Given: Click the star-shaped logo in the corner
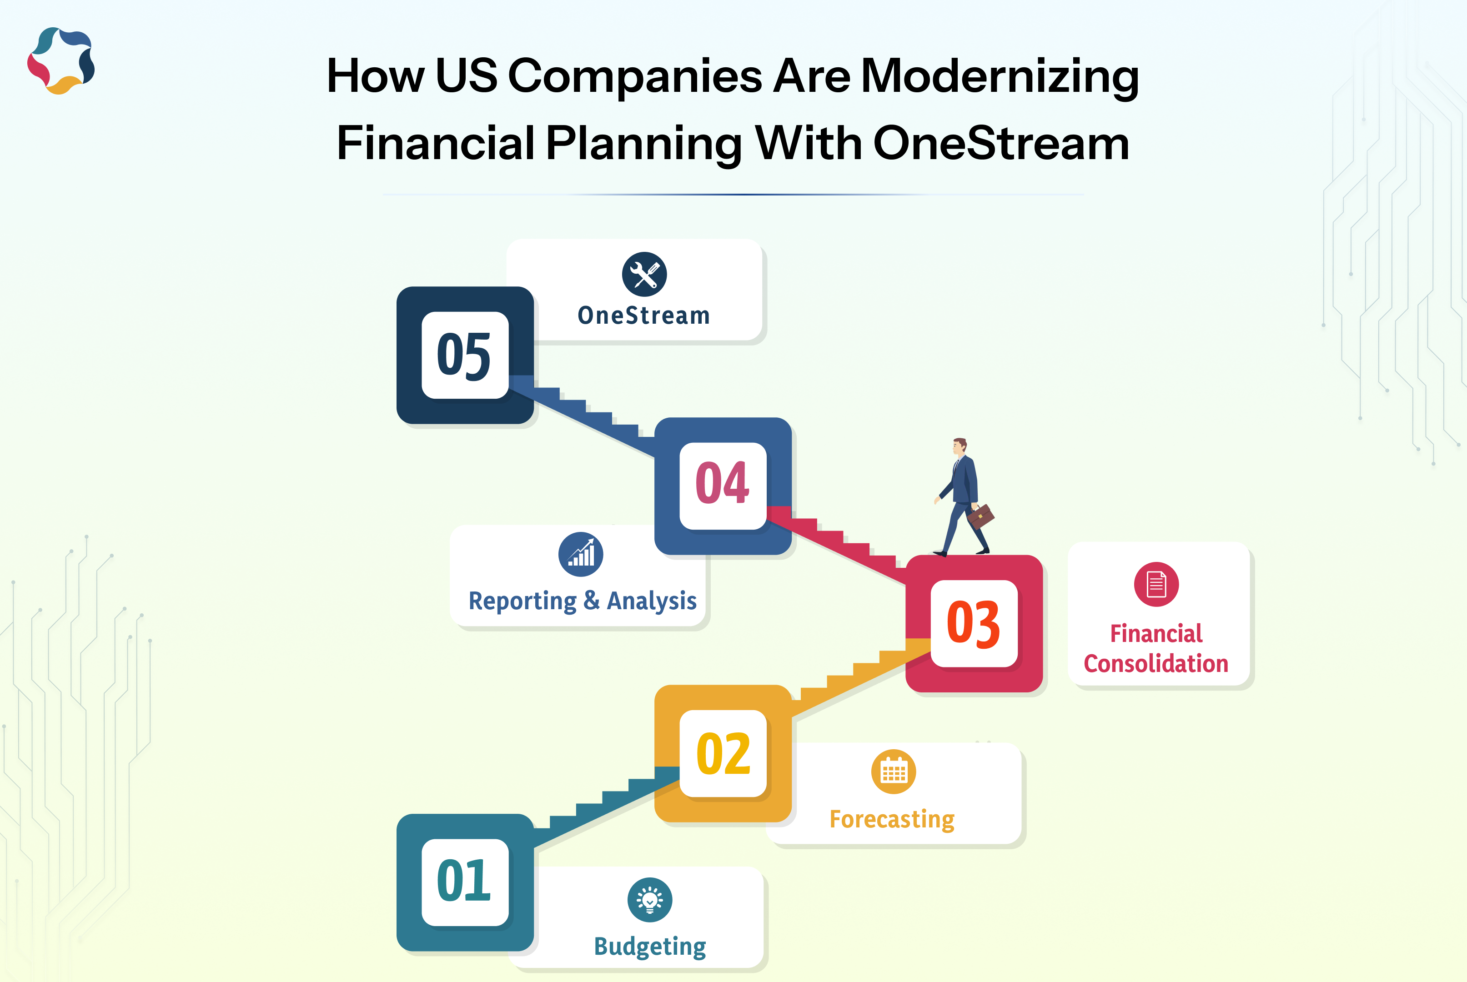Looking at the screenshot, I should point(61,61).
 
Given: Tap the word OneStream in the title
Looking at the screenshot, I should point(1001,143).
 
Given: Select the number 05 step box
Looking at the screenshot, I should point(465,355).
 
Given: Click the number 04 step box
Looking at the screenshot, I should point(723,486).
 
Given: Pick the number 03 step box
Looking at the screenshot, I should point(974,623).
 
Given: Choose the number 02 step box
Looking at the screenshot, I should point(723,753).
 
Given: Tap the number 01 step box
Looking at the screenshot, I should point(465,882).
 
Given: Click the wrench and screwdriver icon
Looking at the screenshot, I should point(644,274).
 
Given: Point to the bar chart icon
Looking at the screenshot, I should point(581,554).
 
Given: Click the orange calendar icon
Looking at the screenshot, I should point(893,772).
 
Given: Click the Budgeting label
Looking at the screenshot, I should point(649,946).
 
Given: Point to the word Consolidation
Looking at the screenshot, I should point(1156,664).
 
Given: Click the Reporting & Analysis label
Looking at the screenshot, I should point(583,601).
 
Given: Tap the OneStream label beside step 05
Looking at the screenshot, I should point(644,316).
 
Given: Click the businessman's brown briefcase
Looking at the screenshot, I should point(981,516).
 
